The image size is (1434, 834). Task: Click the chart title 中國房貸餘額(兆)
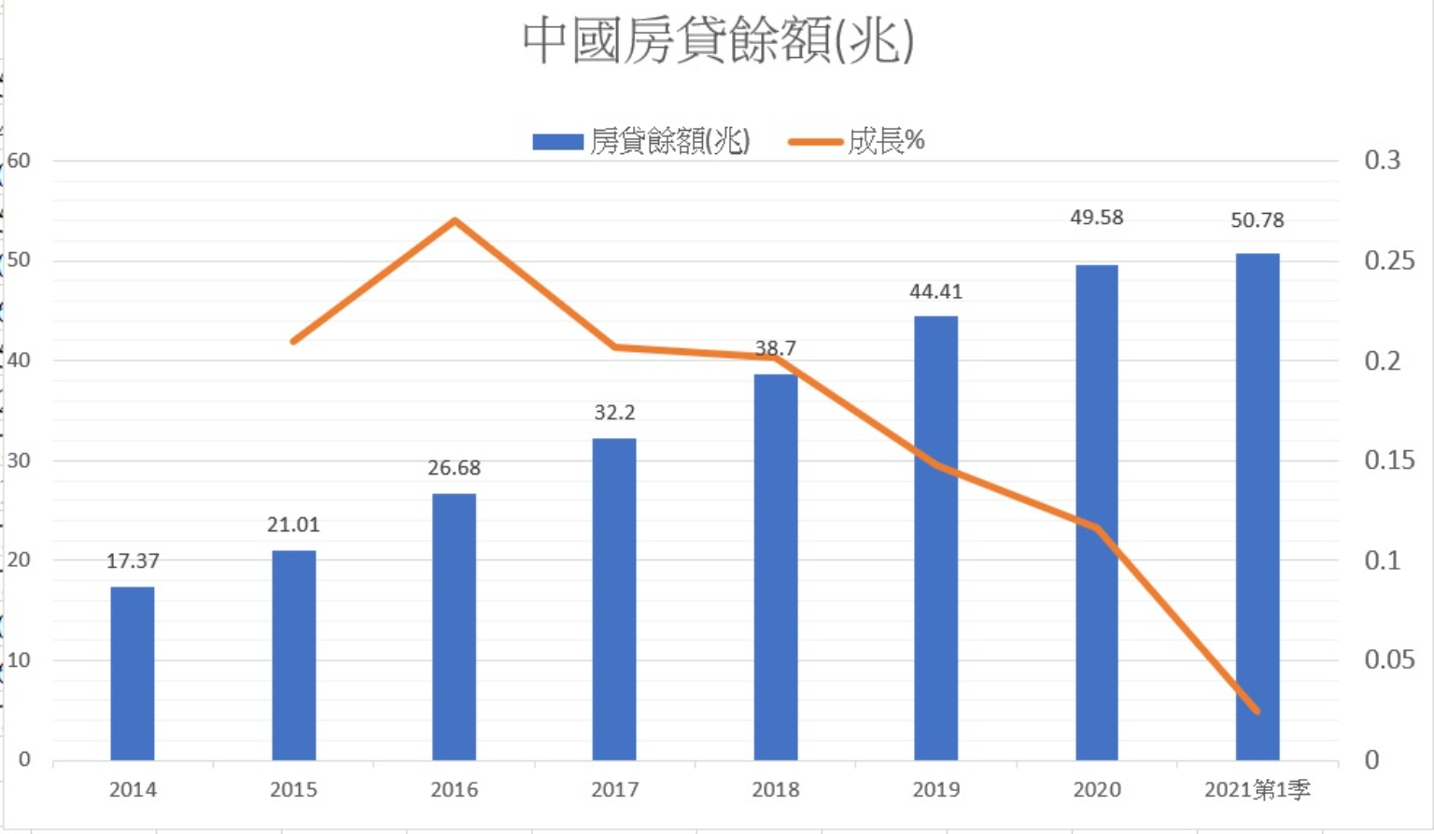point(717,41)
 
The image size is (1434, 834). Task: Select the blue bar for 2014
point(133,672)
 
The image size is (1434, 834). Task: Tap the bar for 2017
point(614,598)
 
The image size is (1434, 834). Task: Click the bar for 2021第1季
point(1258,504)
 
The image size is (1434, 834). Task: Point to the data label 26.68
point(454,468)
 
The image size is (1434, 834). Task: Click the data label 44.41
point(935,291)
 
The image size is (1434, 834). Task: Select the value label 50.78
point(1258,220)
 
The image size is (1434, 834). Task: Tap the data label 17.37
point(133,561)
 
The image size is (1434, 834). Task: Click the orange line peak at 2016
point(455,221)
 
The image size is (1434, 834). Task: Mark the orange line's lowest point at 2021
point(1258,711)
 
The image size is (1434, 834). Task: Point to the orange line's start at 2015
point(294,341)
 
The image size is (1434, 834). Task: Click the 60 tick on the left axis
point(19,161)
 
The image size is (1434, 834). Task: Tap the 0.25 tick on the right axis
point(1388,261)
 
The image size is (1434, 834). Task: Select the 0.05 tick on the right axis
point(1388,660)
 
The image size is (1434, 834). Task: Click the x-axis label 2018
point(775,790)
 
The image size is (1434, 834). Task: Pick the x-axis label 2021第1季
point(1257,790)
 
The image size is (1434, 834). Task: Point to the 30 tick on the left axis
point(19,460)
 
